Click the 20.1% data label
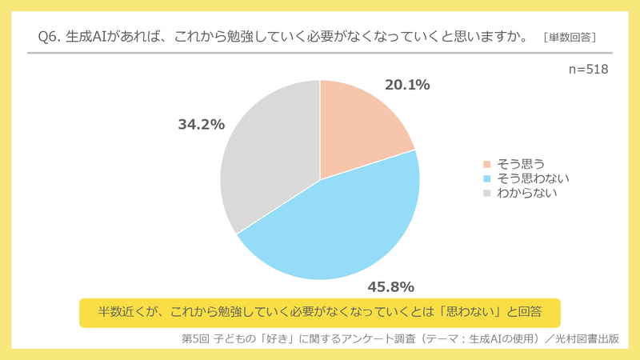[407, 85]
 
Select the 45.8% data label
[390, 286]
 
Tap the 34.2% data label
[201, 125]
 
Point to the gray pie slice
[264, 160]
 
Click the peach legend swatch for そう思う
[486, 164]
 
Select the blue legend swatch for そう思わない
[486, 178]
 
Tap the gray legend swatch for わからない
[486, 193]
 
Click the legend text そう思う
[522, 164]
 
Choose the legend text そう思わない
[533, 178]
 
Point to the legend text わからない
[526, 193]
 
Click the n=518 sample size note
[588, 70]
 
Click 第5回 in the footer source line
[197, 338]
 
